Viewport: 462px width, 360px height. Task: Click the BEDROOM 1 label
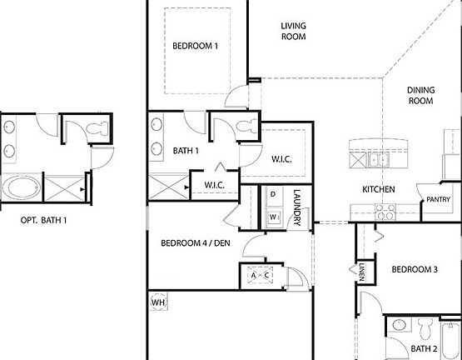(x=195, y=46)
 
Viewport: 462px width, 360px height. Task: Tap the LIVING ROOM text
(x=292, y=32)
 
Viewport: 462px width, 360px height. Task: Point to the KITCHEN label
(x=378, y=189)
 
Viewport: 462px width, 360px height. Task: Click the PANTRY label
(x=438, y=200)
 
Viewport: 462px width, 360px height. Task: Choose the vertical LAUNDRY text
(x=296, y=207)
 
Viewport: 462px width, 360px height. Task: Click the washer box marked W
(x=272, y=216)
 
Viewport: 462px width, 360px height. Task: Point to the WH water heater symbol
(x=157, y=302)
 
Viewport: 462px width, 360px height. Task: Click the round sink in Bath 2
(x=398, y=326)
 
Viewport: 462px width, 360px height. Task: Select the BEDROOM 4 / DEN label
(x=193, y=243)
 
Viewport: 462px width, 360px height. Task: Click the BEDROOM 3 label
(x=414, y=269)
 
